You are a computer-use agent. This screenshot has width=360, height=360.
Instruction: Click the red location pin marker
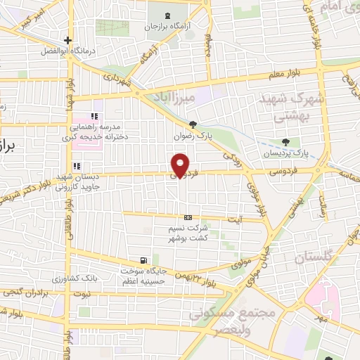click(181, 165)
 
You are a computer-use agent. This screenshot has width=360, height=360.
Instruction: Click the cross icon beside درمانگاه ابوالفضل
click(67, 40)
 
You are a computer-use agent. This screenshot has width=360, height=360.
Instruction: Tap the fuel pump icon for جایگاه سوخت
click(144, 259)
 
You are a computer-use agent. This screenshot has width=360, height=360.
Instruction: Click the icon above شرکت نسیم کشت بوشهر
click(188, 218)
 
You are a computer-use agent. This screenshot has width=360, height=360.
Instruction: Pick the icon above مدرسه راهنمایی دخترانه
click(95, 115)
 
